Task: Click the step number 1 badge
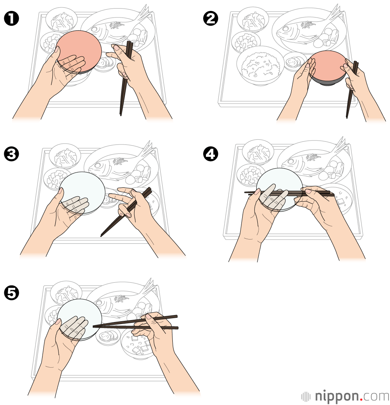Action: point(12,19)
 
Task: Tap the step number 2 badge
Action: point(211,19)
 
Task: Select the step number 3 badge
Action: point(12,154)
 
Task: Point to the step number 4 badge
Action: point(211,154)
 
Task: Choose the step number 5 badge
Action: point(12,293)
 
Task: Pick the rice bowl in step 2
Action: point(260,65)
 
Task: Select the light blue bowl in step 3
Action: point(83,192)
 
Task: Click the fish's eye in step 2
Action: point(285,29)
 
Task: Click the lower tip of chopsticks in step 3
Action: point(101,235)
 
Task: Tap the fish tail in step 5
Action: point(149,286)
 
